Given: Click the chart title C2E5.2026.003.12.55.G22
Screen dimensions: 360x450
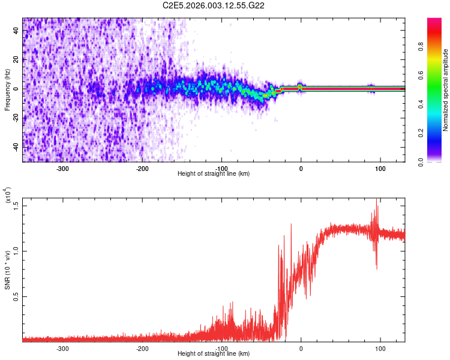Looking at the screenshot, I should (214, 5).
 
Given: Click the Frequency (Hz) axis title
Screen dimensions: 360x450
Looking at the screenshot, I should (7, 89).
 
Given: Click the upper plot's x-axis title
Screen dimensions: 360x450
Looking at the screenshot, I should (214, 173).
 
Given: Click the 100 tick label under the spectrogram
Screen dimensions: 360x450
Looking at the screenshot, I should (380, 168).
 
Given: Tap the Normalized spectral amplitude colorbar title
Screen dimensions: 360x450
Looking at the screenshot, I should (446, 90).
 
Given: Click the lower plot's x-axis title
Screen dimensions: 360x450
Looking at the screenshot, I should (214, 353).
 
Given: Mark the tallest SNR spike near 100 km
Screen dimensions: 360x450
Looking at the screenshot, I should (377, 200).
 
